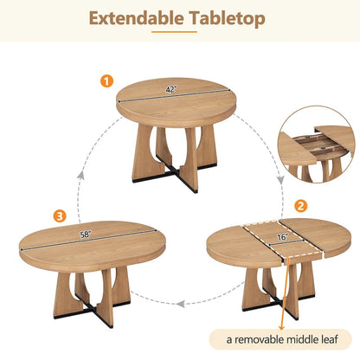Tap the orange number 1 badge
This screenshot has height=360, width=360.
(x=106, y=80)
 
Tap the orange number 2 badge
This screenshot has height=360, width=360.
(x=300, y=206)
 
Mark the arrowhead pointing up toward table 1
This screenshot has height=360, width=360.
(x=81, y=174)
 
